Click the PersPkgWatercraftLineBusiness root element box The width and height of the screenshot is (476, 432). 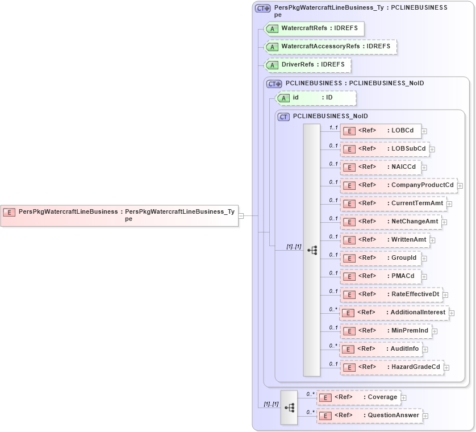tap(119, 215)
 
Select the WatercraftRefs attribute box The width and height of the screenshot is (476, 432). tap(314, 28)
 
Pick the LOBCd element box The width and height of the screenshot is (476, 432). tap(381, 131)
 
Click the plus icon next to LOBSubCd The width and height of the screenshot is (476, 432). tap(432, 149)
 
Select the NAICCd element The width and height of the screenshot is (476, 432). tap(381, 167)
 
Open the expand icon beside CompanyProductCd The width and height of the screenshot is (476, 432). tap(460, 186)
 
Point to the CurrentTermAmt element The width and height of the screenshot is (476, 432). tap(393, 203)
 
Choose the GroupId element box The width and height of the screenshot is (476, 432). tap(380, 258)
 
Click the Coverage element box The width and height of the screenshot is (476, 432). tap(358, 397)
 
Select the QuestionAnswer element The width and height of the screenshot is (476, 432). tap(369, 416)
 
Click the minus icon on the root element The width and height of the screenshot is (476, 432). tap(241, 216)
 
